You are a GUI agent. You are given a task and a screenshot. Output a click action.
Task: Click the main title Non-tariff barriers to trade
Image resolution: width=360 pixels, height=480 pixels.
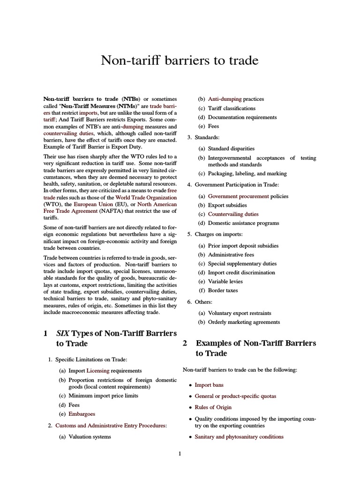point(180,61)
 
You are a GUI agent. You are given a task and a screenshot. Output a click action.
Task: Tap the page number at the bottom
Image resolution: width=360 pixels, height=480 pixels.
point(180,453)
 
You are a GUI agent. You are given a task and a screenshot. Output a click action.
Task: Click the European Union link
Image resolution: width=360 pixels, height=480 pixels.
point(93,204)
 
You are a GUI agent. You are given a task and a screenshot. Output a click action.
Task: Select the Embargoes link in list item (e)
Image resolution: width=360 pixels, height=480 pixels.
point(82,414)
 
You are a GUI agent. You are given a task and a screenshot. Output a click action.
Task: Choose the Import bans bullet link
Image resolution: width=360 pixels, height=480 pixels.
point(209,385)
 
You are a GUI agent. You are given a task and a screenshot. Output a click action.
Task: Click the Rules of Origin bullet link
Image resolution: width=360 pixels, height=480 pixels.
point(213,407)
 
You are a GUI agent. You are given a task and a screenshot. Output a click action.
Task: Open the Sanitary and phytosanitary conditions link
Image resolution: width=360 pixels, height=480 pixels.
point(239,436)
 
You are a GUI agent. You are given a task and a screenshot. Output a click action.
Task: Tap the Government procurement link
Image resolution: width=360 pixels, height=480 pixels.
point(239,196)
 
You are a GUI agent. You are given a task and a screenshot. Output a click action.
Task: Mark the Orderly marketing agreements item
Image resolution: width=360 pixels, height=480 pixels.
point(244,322)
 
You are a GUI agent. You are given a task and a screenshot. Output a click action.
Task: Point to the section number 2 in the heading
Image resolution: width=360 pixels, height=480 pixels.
point(185,343)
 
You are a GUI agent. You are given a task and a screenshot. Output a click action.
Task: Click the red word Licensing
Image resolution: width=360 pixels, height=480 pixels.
point(97,370)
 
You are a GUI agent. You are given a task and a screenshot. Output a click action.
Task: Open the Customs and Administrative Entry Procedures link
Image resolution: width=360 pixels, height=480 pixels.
point(111,425)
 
